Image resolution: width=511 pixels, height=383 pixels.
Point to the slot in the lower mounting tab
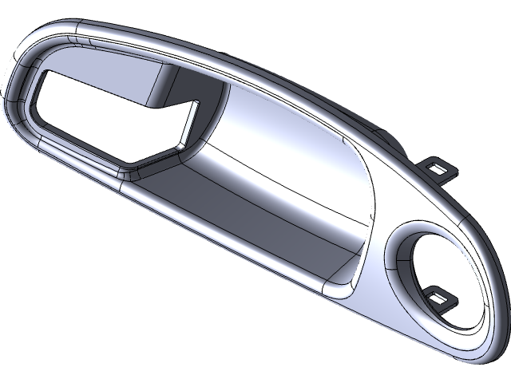[439, 298]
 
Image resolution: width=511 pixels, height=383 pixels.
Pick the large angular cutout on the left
[104, 120]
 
